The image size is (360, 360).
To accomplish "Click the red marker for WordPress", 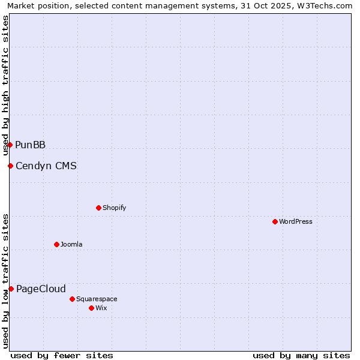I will (x=275, y=221).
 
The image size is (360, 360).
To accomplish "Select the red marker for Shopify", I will (x=98, y=208).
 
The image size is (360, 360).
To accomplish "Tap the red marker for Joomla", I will (x=56, y=244).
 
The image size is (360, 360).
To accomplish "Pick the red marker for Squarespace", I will (x=72, y=299).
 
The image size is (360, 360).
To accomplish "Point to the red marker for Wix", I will (x=91, y=308).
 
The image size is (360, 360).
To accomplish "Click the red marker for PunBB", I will (x=10, y=145).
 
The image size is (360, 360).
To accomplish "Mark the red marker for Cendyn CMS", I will (x=10, y=166).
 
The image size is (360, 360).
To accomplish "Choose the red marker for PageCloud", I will (x=11, y=289).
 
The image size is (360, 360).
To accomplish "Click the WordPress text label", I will (x=296, y=221).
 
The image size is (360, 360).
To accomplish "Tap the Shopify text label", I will (x=114, y=208).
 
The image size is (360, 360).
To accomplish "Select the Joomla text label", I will (x=71, y=244).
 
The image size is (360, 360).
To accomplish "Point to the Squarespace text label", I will (x=97, y=299).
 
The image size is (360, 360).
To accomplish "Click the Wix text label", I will (x=101, y=308).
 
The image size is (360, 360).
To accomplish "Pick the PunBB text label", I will (x=31, y=145).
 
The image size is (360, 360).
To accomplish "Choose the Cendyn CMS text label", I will (x=46, y=166).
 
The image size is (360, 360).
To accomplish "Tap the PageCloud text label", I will (x=41, y=289).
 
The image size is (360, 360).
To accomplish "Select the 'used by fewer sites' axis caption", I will (x=62, y=355).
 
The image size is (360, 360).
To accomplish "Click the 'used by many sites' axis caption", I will (x=301, y=355).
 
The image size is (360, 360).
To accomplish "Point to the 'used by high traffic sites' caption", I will (x=5, y=86).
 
